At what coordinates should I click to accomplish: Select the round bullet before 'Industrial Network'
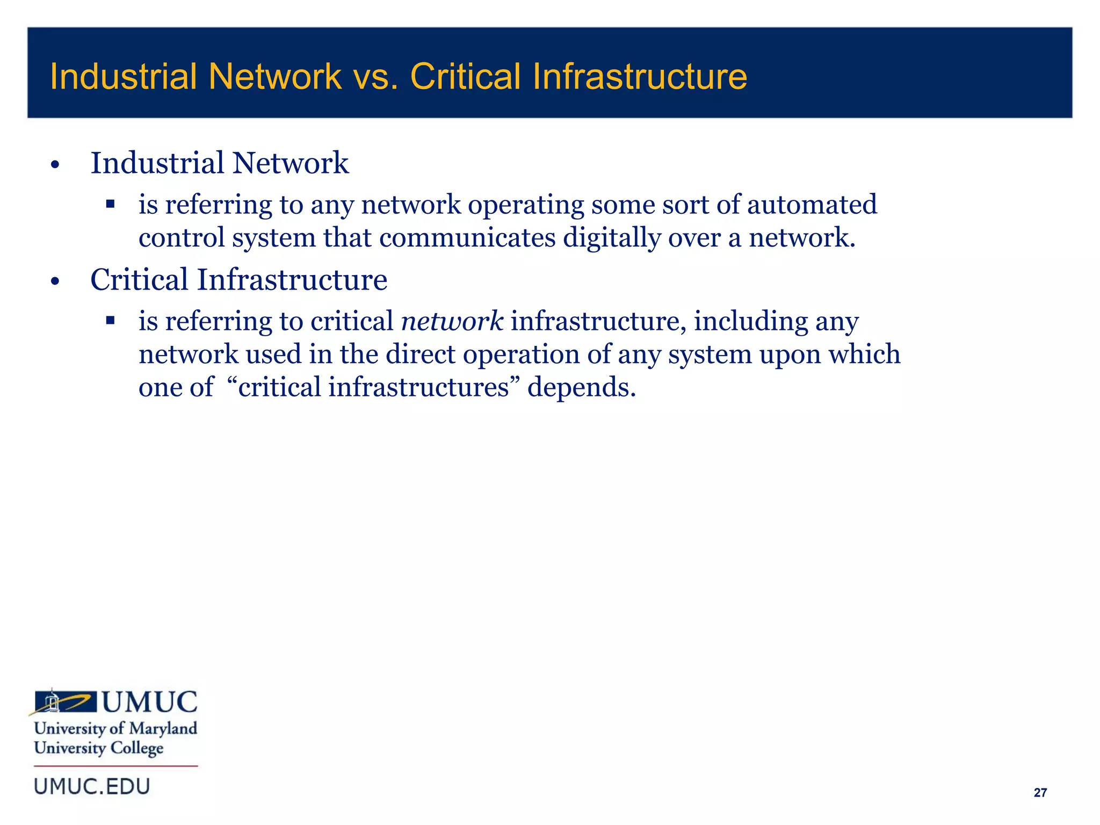pos(54,165)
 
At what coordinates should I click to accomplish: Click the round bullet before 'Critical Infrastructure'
pos(54,281)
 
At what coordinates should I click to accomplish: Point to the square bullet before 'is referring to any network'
pos(111,204)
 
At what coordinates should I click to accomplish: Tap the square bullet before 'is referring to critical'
pos(111,321)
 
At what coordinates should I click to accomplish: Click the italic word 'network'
pos(452,321)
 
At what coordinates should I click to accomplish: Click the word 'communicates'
pos(467,238)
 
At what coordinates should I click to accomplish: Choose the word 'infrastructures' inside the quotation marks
pos(418,387)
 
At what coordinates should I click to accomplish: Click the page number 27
pos(1040,793)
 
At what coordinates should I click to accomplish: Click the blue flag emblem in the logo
pos(64,702)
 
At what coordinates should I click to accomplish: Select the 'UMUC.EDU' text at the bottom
pos(92,786)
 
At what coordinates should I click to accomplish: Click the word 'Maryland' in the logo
pos(163,729)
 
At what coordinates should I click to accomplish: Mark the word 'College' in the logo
pos(137,748)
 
